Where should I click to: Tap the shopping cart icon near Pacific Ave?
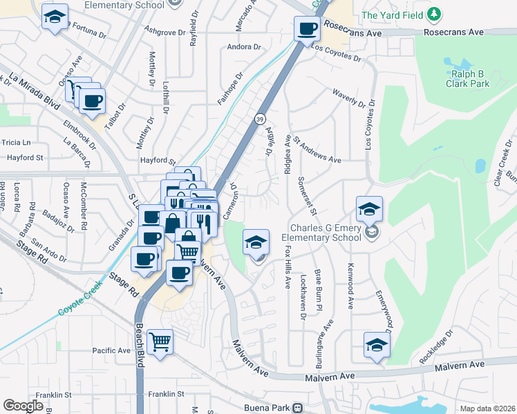[160, 341]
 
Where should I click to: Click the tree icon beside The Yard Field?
[433, 14]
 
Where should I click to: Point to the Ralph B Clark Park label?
[471, 79]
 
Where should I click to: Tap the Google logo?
[23, 405]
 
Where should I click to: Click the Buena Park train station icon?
[297, 407]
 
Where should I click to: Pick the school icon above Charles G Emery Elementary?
[370, 208]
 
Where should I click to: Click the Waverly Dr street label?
[348, 98]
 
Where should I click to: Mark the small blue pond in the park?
[480, 166]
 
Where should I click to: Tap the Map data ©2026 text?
[487, 408]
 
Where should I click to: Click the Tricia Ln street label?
[17, 142]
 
